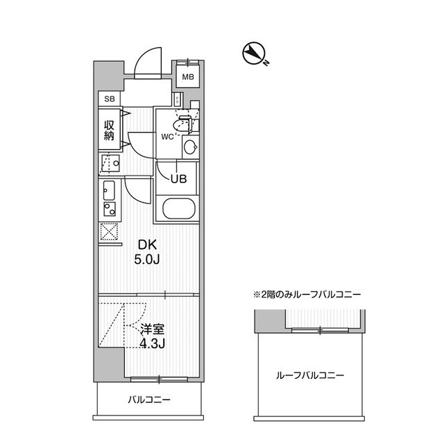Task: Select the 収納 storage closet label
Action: [109, 130]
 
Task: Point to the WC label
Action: [167, 136]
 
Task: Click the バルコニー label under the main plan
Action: [148, 400]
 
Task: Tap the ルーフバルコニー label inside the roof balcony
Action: [310, 375]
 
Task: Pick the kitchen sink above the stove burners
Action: [109, 188]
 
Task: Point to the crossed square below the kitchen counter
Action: [109, 232]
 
